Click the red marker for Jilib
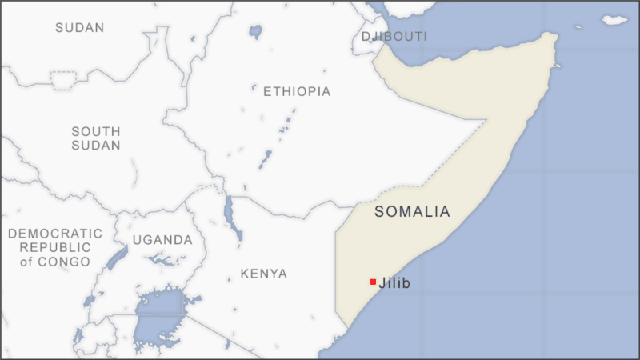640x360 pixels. pos(373,282)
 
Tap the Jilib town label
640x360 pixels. pos(395,282)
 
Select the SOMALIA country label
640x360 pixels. pos(412,212)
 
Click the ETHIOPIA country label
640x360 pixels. pos(296,91)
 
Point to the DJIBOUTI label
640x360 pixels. pos(394,37)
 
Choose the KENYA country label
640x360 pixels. pos(264,274)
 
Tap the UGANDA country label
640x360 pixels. pos(162,240)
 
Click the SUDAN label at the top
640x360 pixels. pos(79,28)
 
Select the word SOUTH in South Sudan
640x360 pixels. pos(96,131)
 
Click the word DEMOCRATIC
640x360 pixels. pos(55,234)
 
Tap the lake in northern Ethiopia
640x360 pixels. pos(255,32)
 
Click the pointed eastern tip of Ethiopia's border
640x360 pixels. pos(486,121)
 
